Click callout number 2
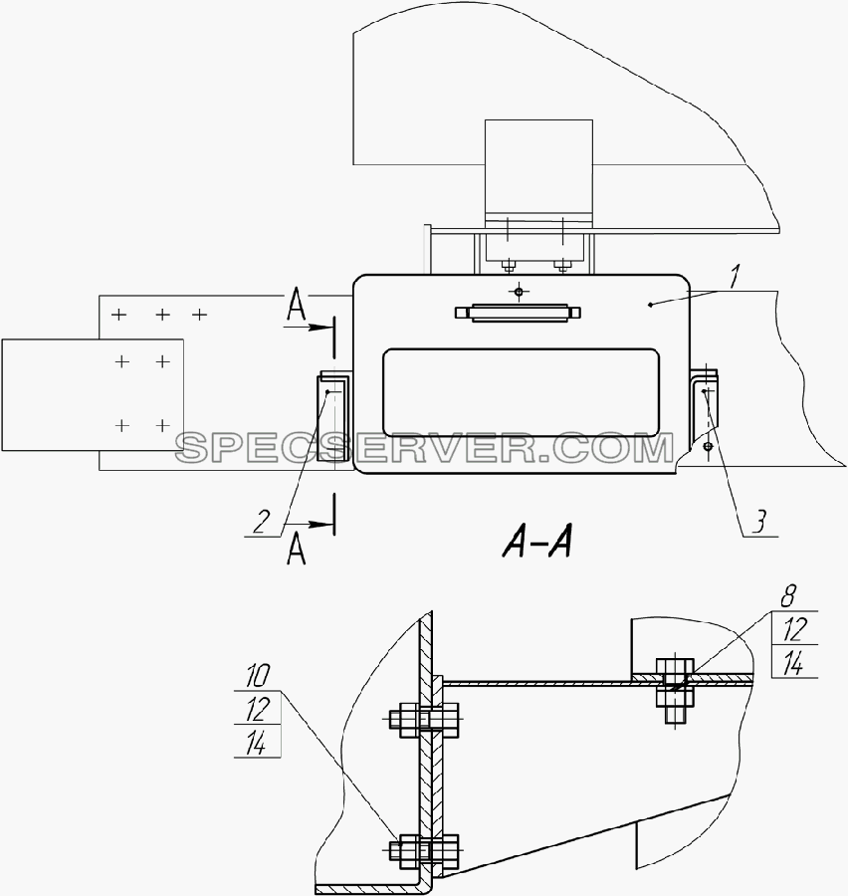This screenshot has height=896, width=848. click(x=261, y=522)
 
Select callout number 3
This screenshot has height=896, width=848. click(x=758, y=522)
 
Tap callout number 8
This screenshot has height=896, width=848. click(x=787, y=597)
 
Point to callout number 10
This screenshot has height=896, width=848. click(x=257, y=677)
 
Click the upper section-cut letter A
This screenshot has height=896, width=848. click(x=296, y=307)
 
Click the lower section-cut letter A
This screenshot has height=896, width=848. click(x=296, y=550)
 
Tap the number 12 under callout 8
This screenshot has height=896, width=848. click(x=794, y=629)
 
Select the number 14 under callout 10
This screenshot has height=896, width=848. click(x=257, y=743)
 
